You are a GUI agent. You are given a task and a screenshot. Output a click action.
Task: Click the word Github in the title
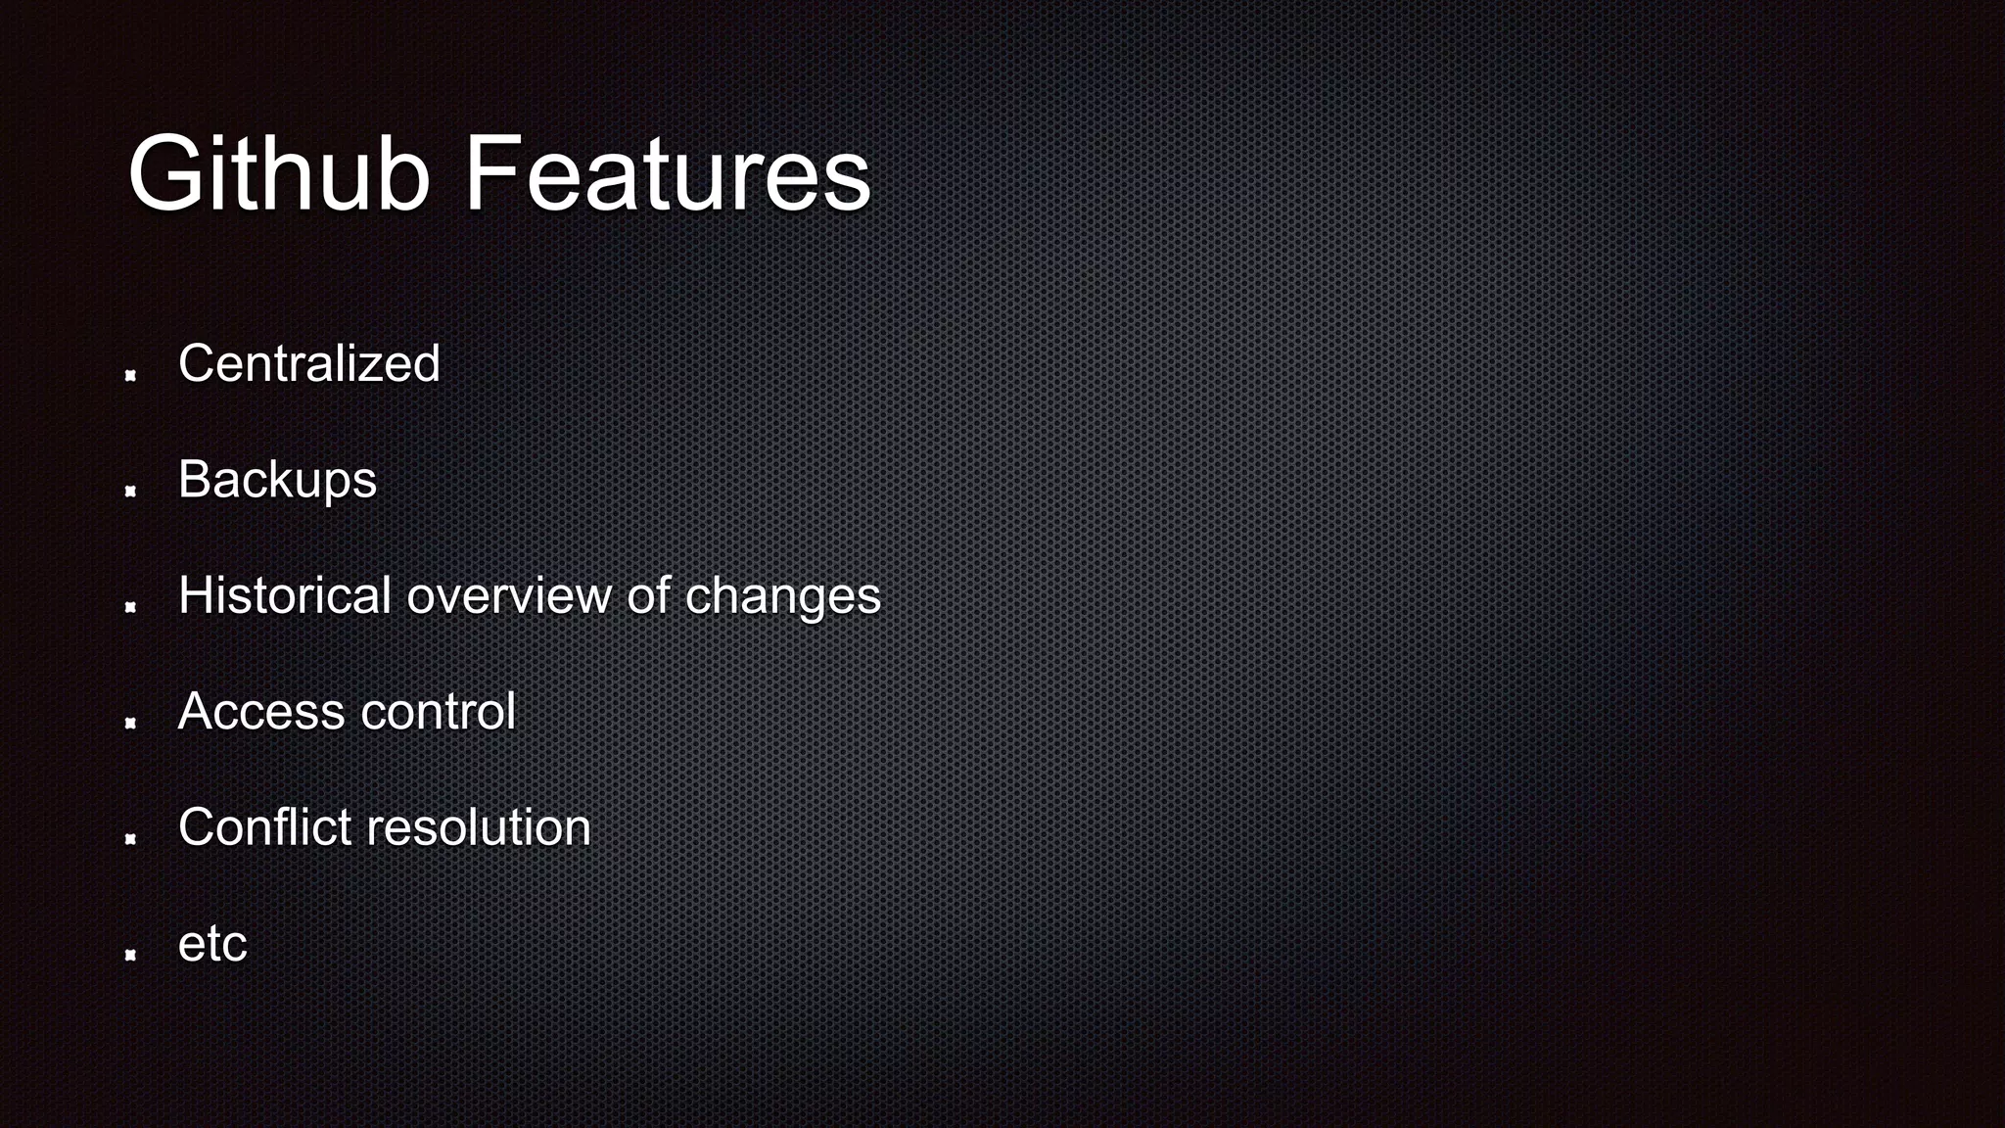tap(279, 174)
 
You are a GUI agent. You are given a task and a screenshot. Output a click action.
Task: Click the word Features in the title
tap(667, 174)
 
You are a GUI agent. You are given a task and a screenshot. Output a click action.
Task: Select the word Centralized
tap(308, 363)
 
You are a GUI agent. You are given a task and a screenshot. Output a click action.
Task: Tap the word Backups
tap(277, 480)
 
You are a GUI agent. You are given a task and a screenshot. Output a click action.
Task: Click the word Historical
tap(285, 595)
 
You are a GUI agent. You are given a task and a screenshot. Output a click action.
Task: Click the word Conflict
tap(264, 826)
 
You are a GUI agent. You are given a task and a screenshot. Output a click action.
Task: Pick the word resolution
tap(479, 826)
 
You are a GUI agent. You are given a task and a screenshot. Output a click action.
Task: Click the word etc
tap(212, 944)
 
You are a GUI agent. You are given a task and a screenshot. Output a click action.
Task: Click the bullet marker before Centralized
tap(130, 375)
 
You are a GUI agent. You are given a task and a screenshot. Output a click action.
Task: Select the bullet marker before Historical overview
tap(130, 607)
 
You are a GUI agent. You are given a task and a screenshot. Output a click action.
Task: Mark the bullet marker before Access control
tap(130, 723)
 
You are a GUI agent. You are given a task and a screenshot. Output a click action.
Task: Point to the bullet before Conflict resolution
tap(130, 839)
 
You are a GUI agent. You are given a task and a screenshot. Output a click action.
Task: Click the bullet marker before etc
tap(130, 955)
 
